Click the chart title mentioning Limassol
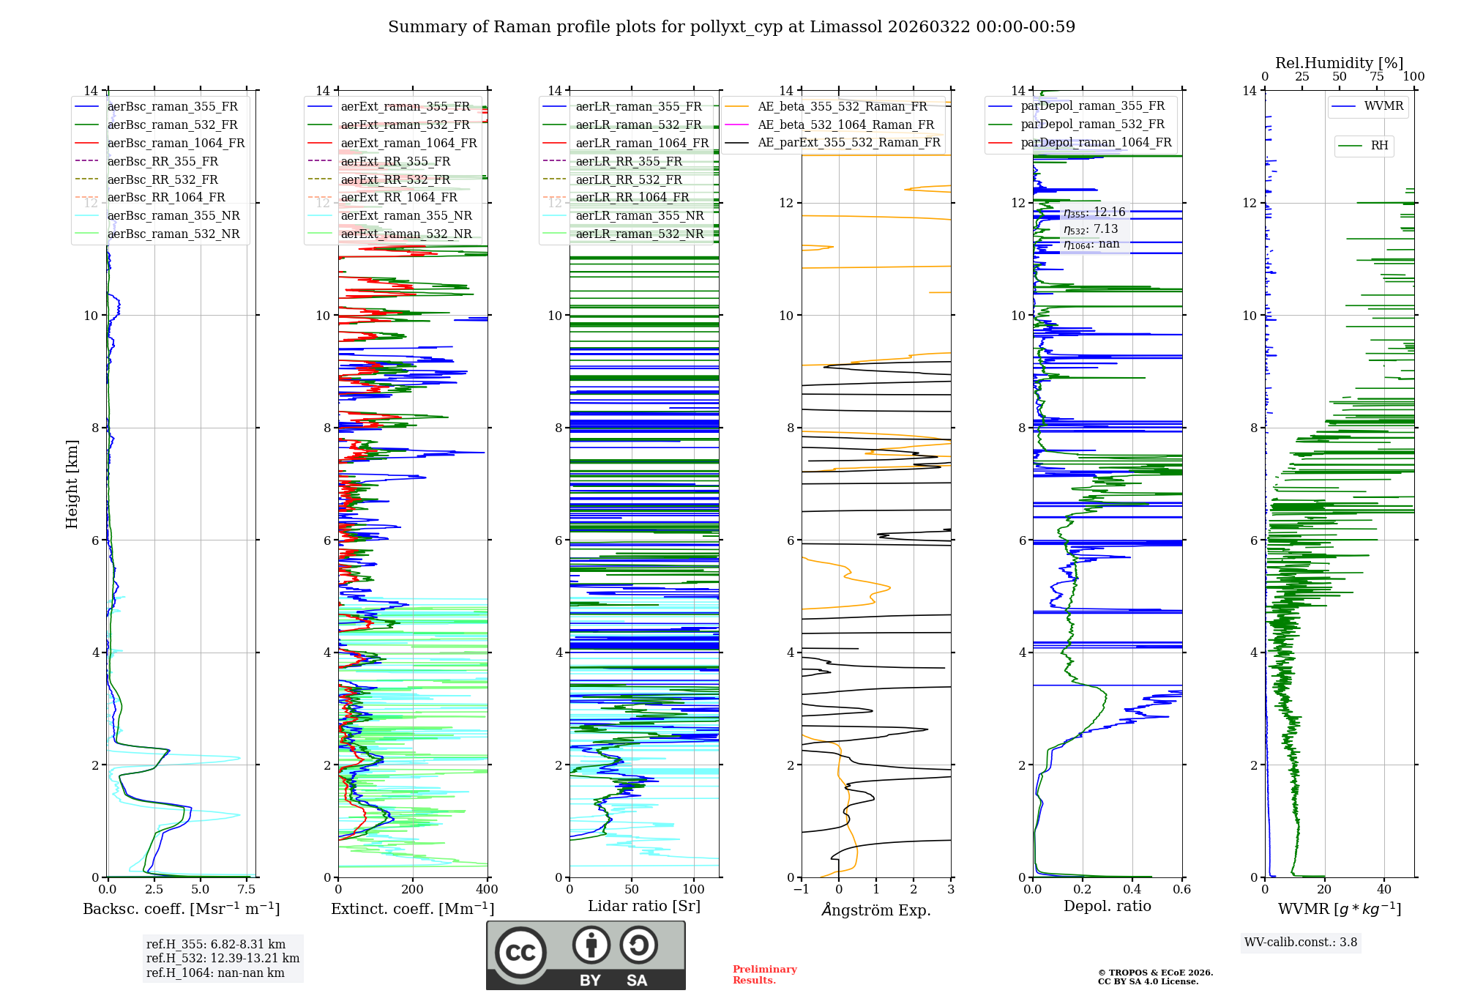[x=731, y=27]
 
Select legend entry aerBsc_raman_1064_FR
[x=176, y=143]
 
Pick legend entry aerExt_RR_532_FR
[x=395, y=179]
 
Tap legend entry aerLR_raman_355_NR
[x=639, y=215]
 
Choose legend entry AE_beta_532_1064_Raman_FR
[x=845, y=124]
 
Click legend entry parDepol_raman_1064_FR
[x=1096, y=142]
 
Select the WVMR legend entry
[x=1383, y=106]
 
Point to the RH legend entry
[x=1379, y=146]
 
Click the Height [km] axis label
[x=72, y=483]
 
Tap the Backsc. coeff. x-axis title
[x=181, y=909]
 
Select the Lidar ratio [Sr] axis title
[x=644, y=906]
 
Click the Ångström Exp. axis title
[x=876, y=910]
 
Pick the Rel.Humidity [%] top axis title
[x=1339, y=63]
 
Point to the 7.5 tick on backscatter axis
[x=247, y=889]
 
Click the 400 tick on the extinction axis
[x=487, y=889]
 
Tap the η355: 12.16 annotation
[x=1094, y=212]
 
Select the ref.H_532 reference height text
[x=223, y=958]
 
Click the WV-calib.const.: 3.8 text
[x=1301, y=942]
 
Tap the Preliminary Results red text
[x=764, y=974]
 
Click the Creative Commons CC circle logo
[x=520, y=953]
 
